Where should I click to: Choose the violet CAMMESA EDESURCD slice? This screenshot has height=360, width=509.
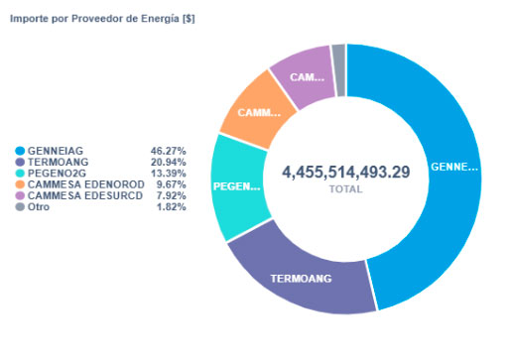coord(303,75)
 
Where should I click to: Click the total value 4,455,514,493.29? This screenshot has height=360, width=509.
coord(345,173)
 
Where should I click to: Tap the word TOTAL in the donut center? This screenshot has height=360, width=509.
coord(345,188)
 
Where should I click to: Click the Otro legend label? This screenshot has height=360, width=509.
coord(39,207)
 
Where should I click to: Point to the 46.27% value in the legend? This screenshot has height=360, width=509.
coord(169,149)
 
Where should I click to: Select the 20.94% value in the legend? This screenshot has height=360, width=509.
coord(169,161)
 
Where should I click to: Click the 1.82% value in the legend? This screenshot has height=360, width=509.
coord(172,207)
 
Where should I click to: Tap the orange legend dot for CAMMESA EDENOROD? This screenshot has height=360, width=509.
coord(20,183)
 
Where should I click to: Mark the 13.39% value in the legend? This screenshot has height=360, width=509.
coord(169,173)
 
